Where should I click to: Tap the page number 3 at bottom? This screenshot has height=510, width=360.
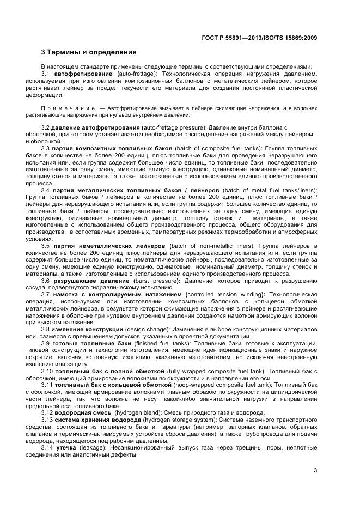tap(315, 471)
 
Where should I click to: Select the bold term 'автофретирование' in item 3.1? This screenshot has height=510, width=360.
tap(84, 74)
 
